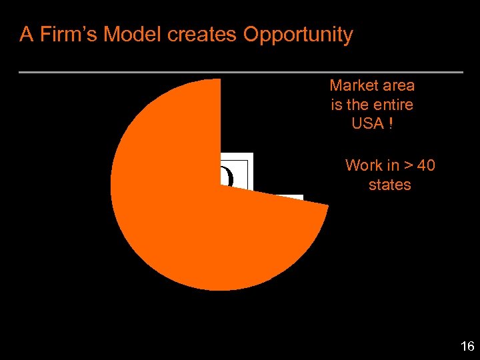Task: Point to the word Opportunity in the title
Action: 298,34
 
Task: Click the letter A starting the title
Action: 26,34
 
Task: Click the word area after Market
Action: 398,85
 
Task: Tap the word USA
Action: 367,123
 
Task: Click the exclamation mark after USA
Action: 390,123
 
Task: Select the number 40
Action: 426,165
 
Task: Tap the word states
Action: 390,185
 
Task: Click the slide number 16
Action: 467,346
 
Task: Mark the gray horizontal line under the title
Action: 241,71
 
